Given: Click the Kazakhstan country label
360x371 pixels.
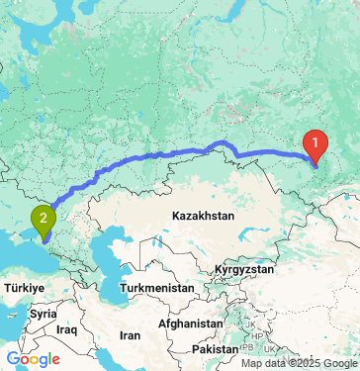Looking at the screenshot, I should click(201, 215).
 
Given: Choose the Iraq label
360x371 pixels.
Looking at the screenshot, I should click(67, 327).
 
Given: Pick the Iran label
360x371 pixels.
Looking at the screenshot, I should click(130, 334).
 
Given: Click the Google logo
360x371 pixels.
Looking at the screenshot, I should click(32, 359).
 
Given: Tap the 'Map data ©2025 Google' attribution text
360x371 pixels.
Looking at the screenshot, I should click(299, 363).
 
